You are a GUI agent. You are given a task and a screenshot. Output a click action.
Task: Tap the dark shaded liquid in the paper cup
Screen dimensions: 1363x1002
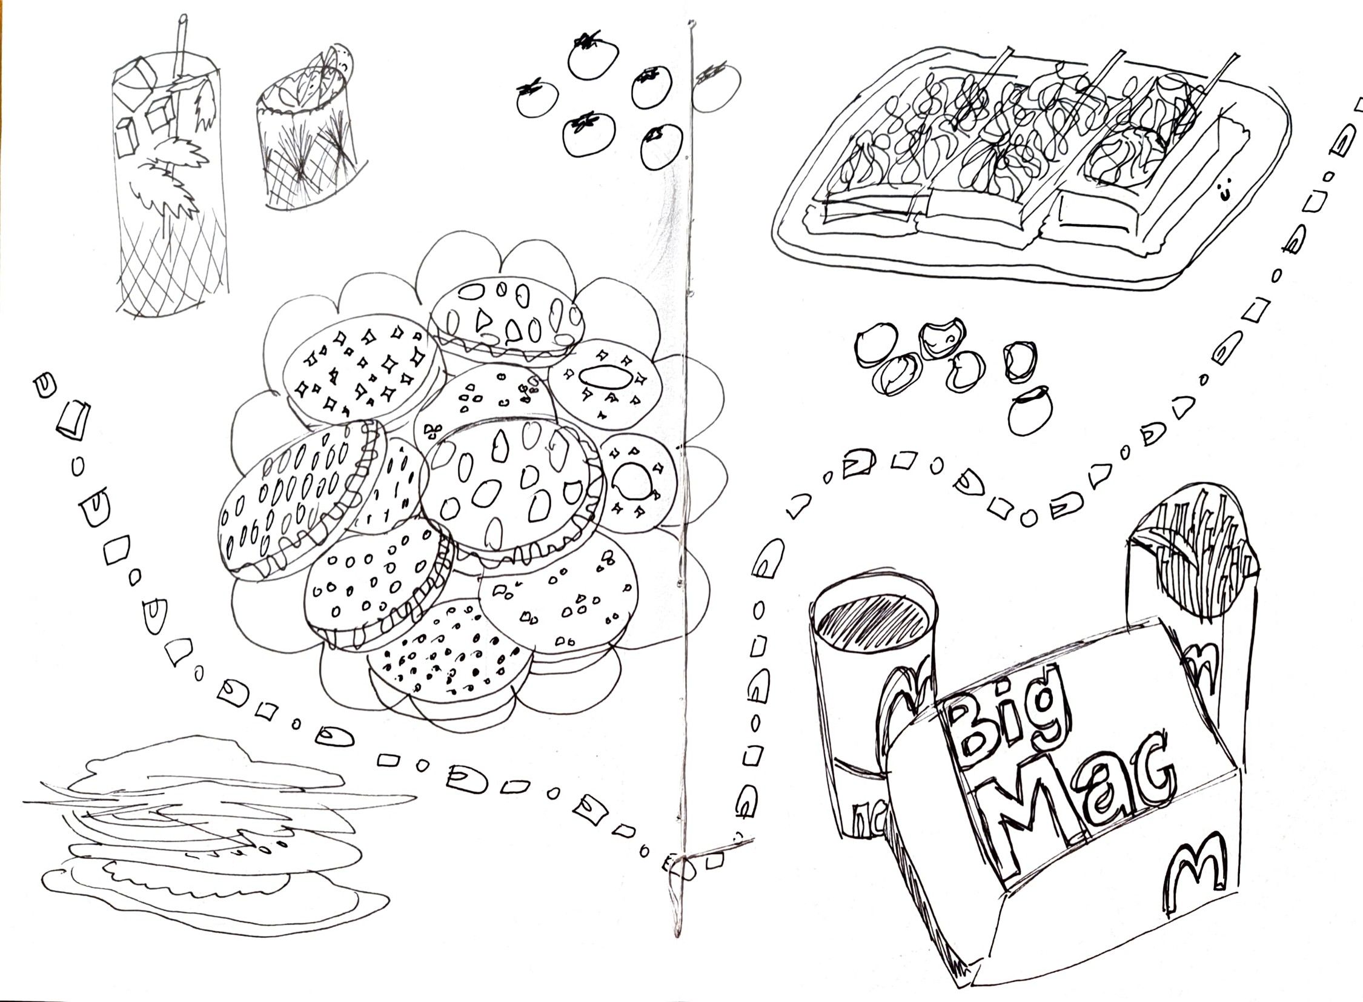point(874,625)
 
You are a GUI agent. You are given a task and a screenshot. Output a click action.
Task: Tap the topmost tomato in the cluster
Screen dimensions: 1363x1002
point(592,58)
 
